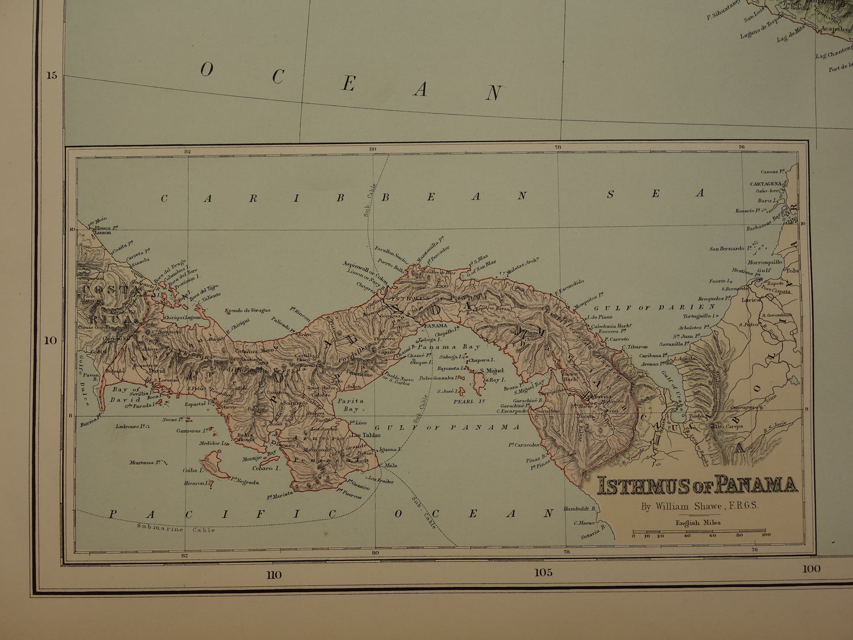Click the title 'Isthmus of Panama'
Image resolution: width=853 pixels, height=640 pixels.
698,485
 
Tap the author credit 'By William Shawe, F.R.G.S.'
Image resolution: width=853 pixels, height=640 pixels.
699,506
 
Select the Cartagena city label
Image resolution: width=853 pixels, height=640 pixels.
766,184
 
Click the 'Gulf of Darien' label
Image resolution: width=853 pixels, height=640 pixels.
655,308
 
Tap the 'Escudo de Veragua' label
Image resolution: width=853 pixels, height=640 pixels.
247,311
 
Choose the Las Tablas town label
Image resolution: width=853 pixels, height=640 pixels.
365,435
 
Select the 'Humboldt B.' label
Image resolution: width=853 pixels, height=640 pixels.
581,508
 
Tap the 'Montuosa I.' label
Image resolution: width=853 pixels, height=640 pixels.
146,462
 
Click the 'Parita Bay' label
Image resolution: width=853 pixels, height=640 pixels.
351,404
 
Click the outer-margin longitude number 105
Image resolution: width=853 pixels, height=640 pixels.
543,572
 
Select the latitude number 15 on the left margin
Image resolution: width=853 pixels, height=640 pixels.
52,75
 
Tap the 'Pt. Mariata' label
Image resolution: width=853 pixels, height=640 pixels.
280,496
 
